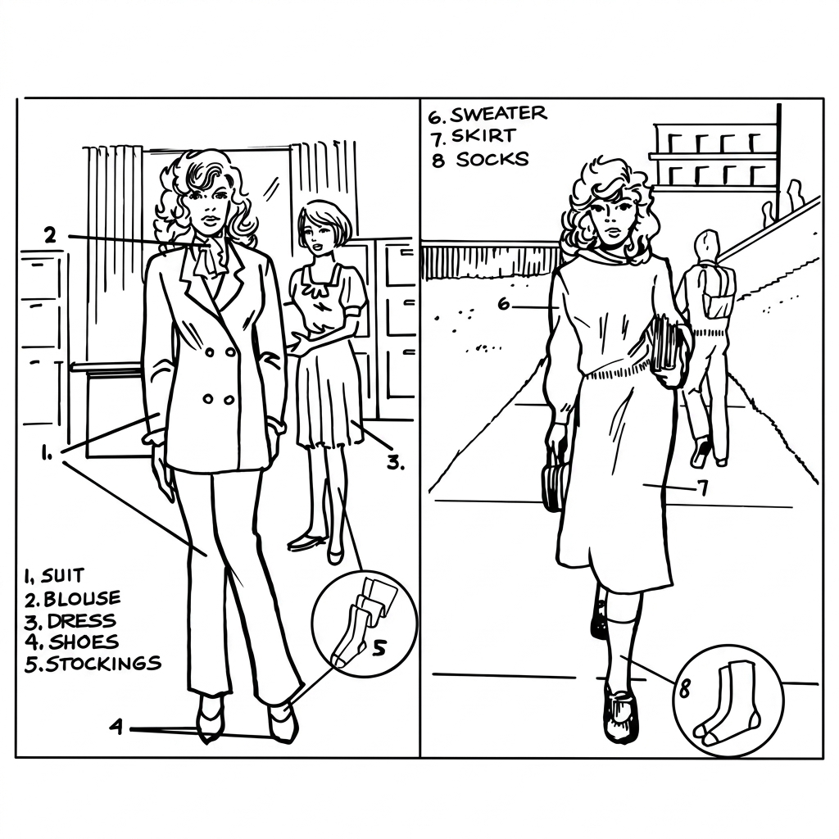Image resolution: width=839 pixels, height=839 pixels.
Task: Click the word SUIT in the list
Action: [62, 576]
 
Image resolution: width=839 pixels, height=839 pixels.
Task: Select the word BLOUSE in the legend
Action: [82, 598]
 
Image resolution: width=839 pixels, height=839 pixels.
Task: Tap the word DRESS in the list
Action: [81, 621]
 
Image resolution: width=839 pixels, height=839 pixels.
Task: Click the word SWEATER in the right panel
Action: [498, 113]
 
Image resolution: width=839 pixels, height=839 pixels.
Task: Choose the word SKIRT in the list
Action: [483, 136]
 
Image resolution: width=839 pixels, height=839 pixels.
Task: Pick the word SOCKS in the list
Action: [492, 159]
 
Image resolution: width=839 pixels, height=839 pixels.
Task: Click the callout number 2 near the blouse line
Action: [50, 234]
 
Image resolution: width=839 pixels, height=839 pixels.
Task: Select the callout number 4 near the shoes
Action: [116, 728]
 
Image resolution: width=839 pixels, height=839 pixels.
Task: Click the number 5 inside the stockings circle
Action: [378, 649]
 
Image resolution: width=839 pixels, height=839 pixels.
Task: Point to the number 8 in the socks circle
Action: [684, 690]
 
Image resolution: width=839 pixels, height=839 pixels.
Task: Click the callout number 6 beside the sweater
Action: [504, 304]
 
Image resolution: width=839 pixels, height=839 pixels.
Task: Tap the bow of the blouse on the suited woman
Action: [206, 258]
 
